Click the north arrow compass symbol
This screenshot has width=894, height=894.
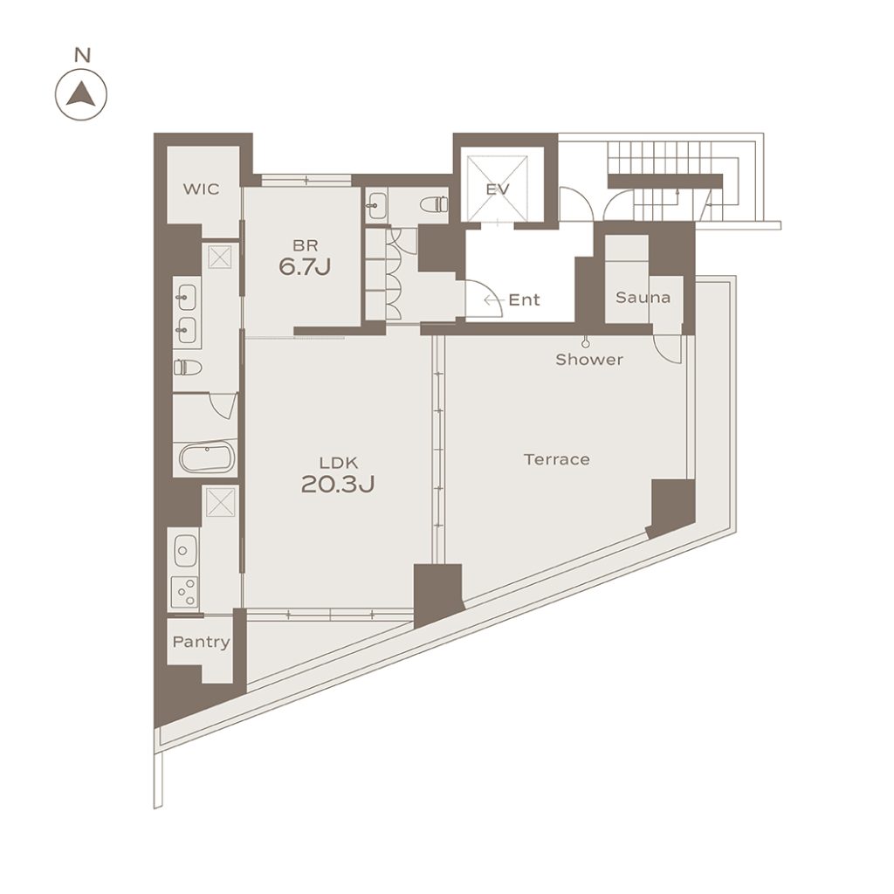(x=81, y=94)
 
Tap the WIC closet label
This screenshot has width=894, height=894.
(x=202, y=189)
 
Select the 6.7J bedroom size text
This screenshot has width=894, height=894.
(x=305, y=266)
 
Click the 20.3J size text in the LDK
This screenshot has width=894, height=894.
(x=338, y=484)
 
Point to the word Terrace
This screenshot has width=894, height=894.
(x=557, y=459)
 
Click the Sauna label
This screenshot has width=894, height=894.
(x=643, y=297)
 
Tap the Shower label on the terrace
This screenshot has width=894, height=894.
(x=589, y=359)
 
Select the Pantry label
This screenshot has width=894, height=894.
(x=202, y=642)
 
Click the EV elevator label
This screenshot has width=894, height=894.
(x=498, y=189)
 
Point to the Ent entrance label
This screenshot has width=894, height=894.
(x=524, y=300)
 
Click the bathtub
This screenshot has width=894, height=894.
(x=208, y=457)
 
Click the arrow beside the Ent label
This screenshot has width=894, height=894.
(x=493, y=300)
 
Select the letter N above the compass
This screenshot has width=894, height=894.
(x=83, y=55)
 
